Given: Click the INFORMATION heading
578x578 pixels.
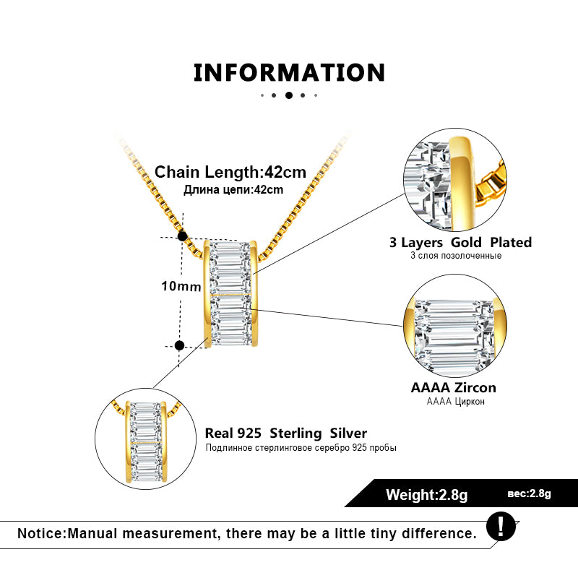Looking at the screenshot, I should tap(289, 72).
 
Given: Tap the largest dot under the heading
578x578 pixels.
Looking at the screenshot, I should tap(289, 95).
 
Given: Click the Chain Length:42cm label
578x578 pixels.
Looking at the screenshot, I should tap(230, 172).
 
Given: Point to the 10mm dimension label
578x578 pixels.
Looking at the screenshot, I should tap(181, 286).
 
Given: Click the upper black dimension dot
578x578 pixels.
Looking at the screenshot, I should tap(182, 236).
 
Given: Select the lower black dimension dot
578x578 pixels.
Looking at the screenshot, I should tap(180, 345).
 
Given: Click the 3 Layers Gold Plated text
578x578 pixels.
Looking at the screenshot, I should tap(460, 242).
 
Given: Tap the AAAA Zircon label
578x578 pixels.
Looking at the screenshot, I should tap(454, 388).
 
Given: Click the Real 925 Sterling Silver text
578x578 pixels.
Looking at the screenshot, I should tap(286, 433).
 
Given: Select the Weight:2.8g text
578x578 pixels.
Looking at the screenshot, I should tap(427, 495).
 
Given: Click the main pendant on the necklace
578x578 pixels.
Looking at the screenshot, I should tap(231, 293).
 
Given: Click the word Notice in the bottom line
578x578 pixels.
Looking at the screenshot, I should tap(40, 534).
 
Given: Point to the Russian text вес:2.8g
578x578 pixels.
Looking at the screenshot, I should tap(530, 493).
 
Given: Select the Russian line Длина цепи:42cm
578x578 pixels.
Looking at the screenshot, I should tap(233, 189).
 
